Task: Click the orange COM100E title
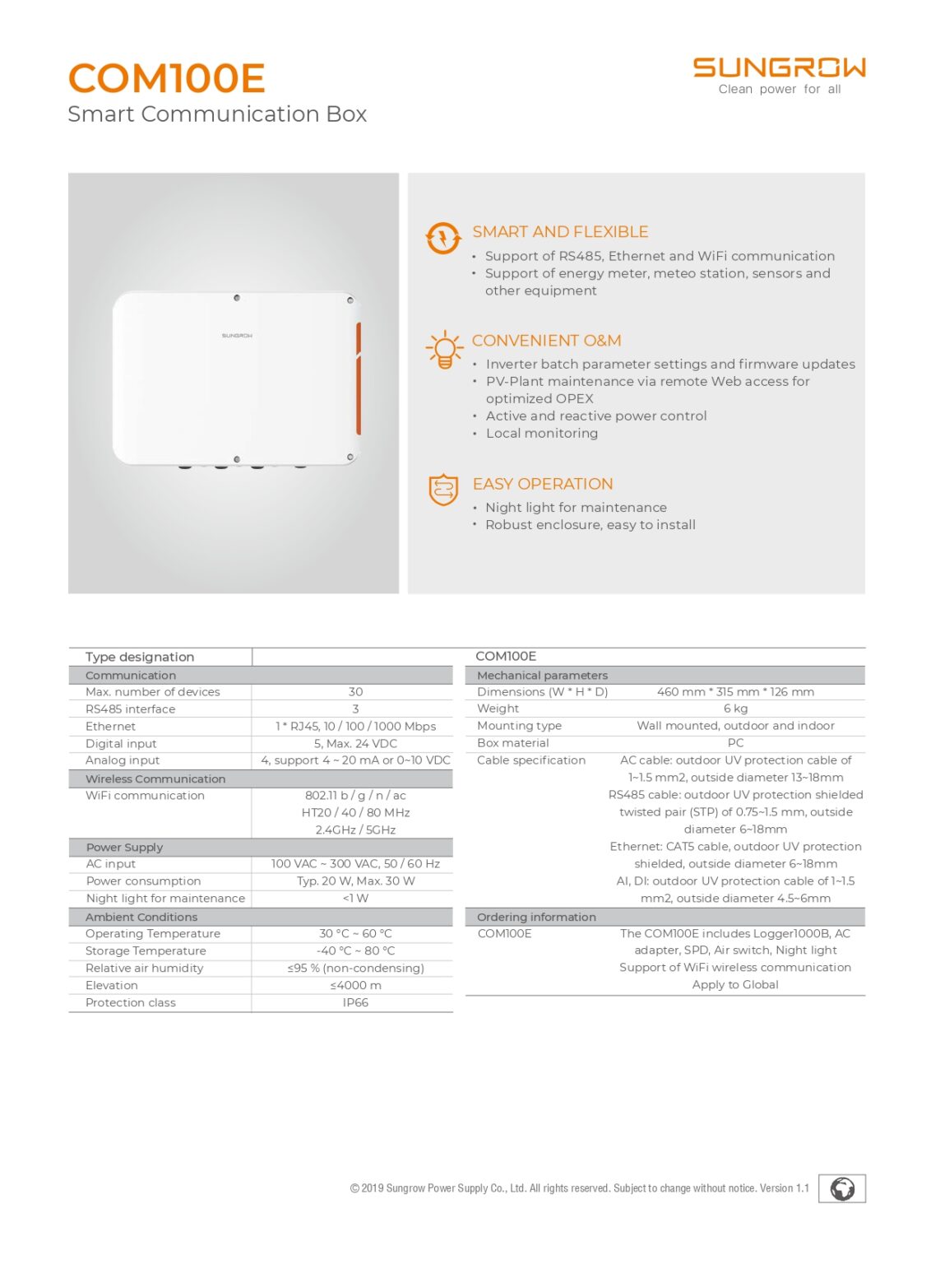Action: (166, 79)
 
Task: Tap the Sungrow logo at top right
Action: (779, 67)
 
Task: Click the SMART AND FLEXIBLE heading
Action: (559, 232)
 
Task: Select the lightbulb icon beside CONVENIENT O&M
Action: (444, 350)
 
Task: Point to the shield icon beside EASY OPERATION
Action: (443, 490)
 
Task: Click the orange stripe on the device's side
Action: (358, 378)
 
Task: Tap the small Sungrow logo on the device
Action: (237, 336)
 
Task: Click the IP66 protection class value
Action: (355, 1002)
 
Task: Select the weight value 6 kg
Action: (735, 709)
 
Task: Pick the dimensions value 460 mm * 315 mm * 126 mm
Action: (735, 692)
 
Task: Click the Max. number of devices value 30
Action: (355, 692)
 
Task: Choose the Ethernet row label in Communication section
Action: (110, 727)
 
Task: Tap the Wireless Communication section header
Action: (155, 778)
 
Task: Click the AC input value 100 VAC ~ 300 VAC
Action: (355, 864)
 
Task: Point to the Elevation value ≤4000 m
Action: (355, 985)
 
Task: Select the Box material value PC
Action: (735, 743)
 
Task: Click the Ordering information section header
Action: (536, 917)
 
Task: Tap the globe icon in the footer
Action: (841, 1189)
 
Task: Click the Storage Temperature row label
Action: (146, 950)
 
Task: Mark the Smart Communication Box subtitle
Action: (217, 114)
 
